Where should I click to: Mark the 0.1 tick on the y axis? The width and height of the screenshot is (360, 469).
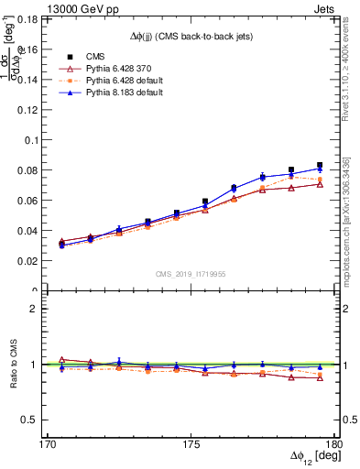43,140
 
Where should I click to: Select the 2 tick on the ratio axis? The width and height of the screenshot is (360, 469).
43,309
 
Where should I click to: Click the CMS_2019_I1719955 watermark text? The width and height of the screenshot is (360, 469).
191,272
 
